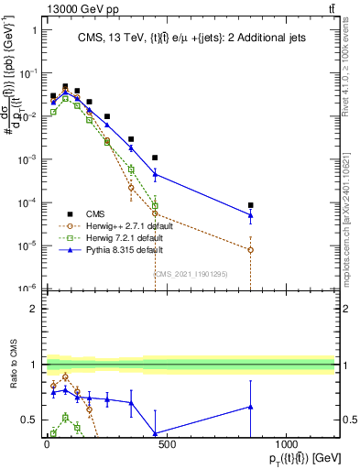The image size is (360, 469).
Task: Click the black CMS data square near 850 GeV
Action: (250, 205)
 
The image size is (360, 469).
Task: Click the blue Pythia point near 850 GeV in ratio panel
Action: (250, 407)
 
